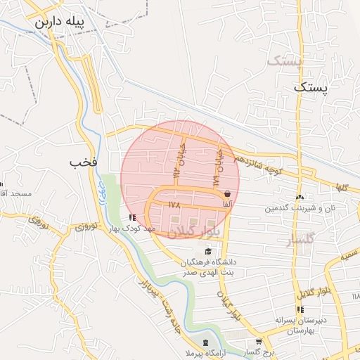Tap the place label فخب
82,162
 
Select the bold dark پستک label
310,88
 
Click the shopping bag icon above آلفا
227,193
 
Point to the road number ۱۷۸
175,205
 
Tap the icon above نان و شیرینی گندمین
300,198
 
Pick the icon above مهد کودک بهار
133,217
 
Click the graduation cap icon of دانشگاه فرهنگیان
207,252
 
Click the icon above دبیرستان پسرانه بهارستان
300,310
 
